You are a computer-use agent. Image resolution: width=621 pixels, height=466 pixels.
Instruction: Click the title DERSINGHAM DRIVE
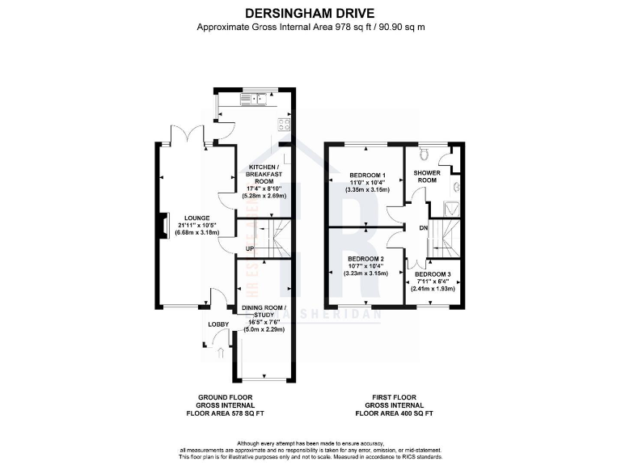(311, 13)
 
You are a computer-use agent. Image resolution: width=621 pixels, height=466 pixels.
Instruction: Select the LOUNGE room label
(197, 218)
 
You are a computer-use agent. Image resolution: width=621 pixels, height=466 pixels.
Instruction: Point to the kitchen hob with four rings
(284, 125)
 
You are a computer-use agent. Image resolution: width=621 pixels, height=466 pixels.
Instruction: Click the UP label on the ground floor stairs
(250, 248)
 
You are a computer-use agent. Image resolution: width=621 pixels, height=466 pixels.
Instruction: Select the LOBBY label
(218, 324)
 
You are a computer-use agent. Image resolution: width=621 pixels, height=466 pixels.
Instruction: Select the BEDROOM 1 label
(368, 176)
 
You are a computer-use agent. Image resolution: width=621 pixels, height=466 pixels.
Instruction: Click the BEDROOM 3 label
(436, 273)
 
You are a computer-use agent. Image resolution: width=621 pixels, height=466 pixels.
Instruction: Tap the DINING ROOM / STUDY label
(264, 308)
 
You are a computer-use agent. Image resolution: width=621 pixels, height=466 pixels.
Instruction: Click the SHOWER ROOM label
(426, 176)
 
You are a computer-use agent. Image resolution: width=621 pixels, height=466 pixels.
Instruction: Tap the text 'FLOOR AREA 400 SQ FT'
(395, 412)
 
